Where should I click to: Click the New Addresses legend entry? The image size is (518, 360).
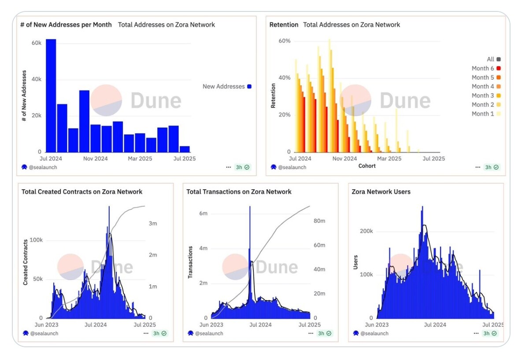(226, 86)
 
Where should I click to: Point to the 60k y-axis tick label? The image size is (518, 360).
(36, 43)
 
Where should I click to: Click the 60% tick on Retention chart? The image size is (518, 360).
(285, 41)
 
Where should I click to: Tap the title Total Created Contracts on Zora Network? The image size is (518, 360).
(82, 192)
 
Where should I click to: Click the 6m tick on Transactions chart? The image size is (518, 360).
(203, 213)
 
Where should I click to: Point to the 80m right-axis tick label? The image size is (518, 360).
(319, 221)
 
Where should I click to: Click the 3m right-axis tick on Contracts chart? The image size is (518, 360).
(153, 224)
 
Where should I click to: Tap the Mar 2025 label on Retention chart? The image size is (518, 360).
(389, 158)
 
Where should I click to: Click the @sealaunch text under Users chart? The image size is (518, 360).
(374, 333)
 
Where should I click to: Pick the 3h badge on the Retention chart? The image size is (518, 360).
(490, 167)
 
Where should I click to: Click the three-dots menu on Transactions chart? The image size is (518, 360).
(311, 333)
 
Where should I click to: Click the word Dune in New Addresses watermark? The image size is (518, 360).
(156, 100)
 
